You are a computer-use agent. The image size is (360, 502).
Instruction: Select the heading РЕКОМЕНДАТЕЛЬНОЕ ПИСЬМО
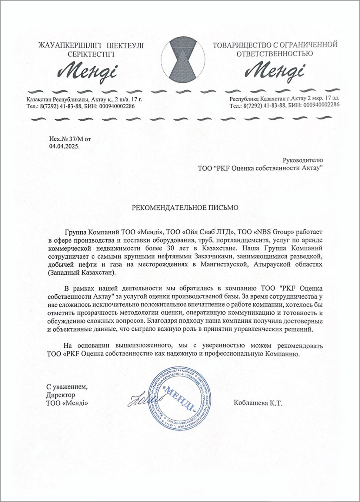point(185,208)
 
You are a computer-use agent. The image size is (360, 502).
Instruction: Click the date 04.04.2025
point(64,146)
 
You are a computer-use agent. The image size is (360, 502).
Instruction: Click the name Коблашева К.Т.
point(258,403)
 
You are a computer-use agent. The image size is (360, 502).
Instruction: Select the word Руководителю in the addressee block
point(303,160)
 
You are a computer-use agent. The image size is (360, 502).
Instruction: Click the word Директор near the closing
point(61,395)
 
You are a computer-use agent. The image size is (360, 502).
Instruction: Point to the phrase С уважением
point(67,387)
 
